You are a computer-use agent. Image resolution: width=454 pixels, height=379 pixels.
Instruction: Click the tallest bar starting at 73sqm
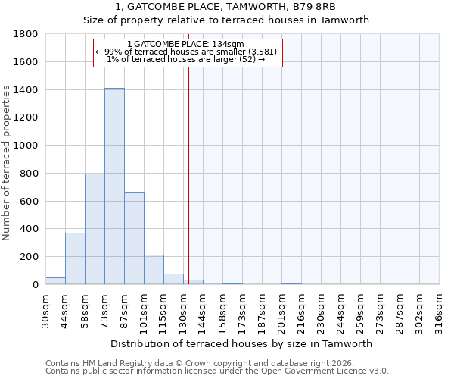pos(114,186)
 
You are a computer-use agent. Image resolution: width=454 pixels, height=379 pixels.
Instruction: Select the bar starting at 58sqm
pos(95,229)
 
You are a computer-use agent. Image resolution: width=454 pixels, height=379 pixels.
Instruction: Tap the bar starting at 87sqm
pos(134,238)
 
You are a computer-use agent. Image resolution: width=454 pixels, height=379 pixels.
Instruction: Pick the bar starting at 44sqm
pos(75,258)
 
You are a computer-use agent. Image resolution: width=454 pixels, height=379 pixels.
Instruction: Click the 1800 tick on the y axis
pos(26,34)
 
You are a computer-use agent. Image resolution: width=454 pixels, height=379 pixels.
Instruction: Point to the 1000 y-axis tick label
pos(26,146)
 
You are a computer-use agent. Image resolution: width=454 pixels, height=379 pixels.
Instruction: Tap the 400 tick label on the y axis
pos(30,229)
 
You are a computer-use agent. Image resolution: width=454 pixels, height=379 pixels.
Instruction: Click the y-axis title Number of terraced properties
pos(8,163)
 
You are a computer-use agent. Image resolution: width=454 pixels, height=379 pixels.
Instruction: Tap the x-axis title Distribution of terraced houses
pos(242,343)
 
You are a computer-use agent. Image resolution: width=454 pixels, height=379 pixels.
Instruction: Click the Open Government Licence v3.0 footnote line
pos(217,371)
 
